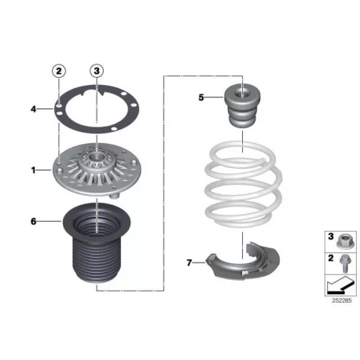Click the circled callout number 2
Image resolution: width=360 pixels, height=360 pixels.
59,71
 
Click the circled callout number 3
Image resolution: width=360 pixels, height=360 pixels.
97,71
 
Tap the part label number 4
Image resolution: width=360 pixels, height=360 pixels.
33,109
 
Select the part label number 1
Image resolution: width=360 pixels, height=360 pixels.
33,171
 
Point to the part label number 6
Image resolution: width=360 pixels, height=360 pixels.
33,222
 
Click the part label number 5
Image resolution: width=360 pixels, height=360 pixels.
201,97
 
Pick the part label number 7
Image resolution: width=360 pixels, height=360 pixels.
189,263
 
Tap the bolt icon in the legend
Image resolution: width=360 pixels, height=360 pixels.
345,264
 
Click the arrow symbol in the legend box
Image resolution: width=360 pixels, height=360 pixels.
340,285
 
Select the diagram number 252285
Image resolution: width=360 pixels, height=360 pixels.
342,300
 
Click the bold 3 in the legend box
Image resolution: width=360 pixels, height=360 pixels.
331,237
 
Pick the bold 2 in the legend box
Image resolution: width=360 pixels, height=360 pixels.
331,258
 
